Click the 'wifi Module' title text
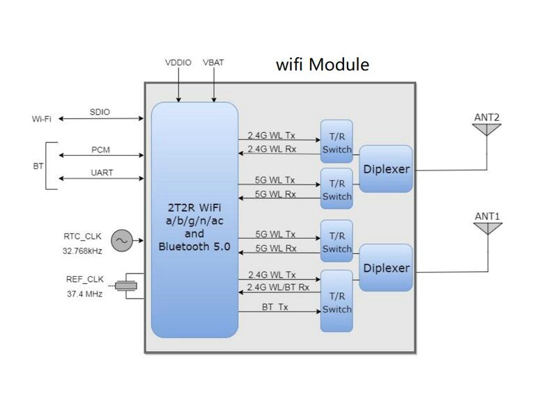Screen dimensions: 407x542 tap(323, 65)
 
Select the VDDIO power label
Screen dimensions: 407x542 tap(179, 63)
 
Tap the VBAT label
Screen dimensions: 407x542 tap(213, 63)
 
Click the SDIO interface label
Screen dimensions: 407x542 tap(100, 112)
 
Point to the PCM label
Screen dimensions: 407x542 tap(100, 150)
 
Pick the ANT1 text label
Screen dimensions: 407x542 tap(487, 216)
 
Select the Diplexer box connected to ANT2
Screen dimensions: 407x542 tap(386, 169)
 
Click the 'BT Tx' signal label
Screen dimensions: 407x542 tap(275, 306)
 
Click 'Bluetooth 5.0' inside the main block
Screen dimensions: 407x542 tap(194, 246)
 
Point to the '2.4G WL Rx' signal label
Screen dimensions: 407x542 tap(272, 150)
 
